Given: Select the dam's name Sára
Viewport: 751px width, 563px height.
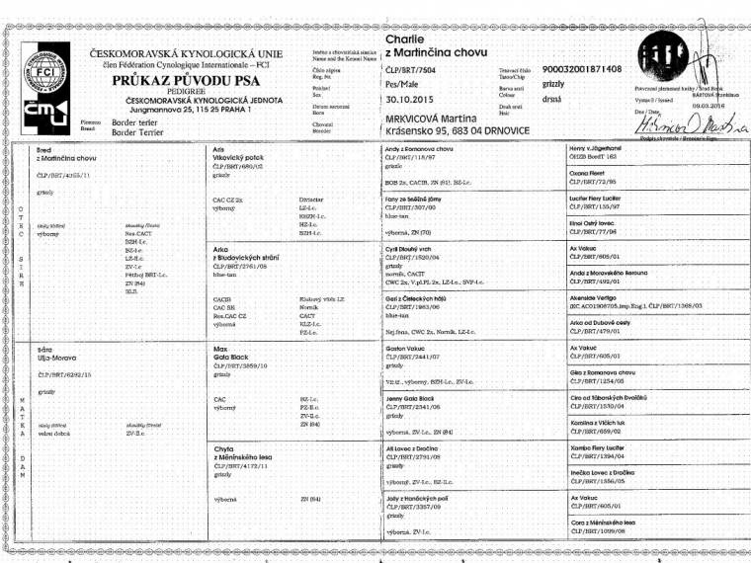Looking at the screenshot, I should (44, 349).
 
